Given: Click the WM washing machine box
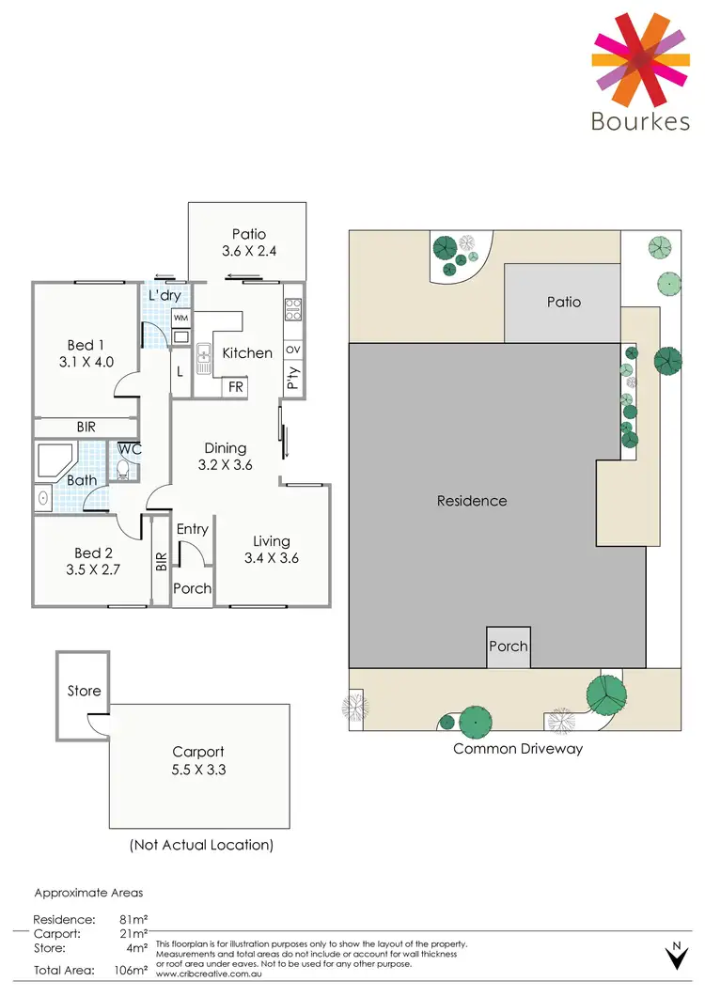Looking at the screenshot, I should point(181,318).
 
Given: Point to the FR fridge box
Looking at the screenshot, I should point(235,386).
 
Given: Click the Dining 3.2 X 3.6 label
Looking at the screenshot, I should point(226,456).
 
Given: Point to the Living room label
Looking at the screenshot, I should point(272,549).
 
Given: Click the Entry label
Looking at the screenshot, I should point(192,529).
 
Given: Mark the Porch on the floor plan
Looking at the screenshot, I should point(192,589).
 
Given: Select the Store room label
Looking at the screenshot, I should point(84,691).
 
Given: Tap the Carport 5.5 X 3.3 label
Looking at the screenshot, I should point(198,760).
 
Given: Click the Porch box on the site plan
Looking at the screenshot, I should point(508,646).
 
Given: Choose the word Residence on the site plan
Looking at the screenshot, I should point(472,501).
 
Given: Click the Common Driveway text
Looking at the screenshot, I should point(518,749).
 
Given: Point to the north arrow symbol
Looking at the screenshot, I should point(675,956).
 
